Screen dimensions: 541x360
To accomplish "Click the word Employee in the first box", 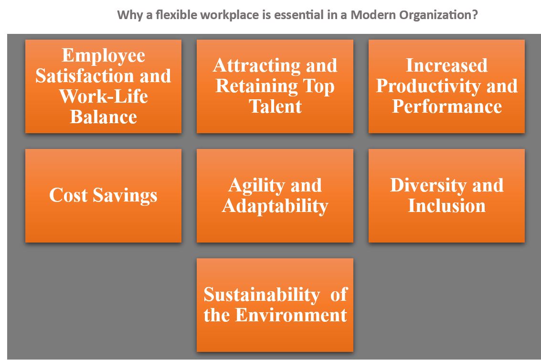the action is pyautogui.click(x=104, y=56).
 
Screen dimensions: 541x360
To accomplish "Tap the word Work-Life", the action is pyautogui.click(x=104, y=96).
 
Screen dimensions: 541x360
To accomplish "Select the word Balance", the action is pyautogui.click(x=104, y=116).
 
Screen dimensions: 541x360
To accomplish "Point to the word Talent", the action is pyautogui.click(x=275, y=106).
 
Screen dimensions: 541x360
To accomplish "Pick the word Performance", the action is pyautogui.click(x=447, y=106).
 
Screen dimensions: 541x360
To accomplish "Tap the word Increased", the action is pyautogui.click(x=447, y=65).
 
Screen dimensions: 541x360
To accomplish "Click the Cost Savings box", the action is pyautogui.click(x=104, y=196).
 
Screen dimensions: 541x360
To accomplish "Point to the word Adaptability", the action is pyautogui.click(x=275, y=206).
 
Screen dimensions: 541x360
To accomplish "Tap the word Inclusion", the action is pyautogui.click(x=447, y=206).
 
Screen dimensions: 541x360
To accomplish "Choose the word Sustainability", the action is pyautogui.click(x=262, y=295).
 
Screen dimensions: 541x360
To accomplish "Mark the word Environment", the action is pyautogui.click(x=291, y=315).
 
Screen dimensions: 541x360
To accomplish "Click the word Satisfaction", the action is pyautogui.click(x=85, y=76).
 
